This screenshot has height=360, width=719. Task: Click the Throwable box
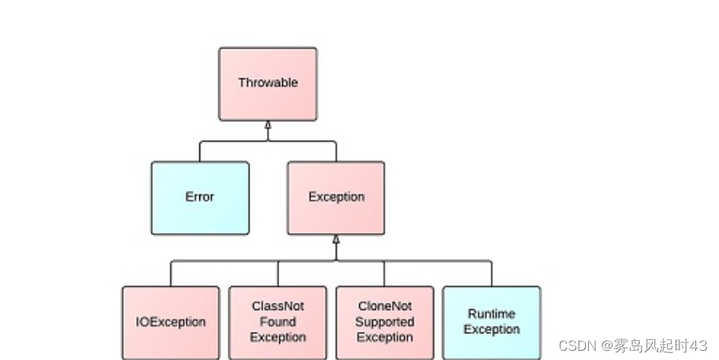(x=268, y=84)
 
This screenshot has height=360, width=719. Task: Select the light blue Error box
(x=200, y=198)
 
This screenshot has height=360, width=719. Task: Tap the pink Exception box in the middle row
(x=336, y=198)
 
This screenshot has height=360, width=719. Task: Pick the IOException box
(x=170, y=322)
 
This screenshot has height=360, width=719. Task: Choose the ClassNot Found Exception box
(x=278, y=322)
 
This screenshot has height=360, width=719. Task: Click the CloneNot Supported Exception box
(x=385, y=322)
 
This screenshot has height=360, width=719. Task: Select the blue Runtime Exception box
(x=492, y=322)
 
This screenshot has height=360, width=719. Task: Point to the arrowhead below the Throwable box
(x=268, y=126)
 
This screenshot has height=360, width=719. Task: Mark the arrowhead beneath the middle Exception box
(x=336, y=240)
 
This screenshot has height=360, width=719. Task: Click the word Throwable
(x=268, y=82)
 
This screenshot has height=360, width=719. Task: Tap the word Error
(x=200, y=196)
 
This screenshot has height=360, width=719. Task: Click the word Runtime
(x=492, y=314)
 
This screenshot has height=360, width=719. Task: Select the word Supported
(x=385, y=322)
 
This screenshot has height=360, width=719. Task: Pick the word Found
(x=278, y=322)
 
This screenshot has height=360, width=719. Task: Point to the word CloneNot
(x=385, y=306)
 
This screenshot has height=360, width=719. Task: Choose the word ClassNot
(x=278, y=306)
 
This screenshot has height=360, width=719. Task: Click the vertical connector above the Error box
(x=200, y=151)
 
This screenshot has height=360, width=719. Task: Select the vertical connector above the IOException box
(x=170, y=273)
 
